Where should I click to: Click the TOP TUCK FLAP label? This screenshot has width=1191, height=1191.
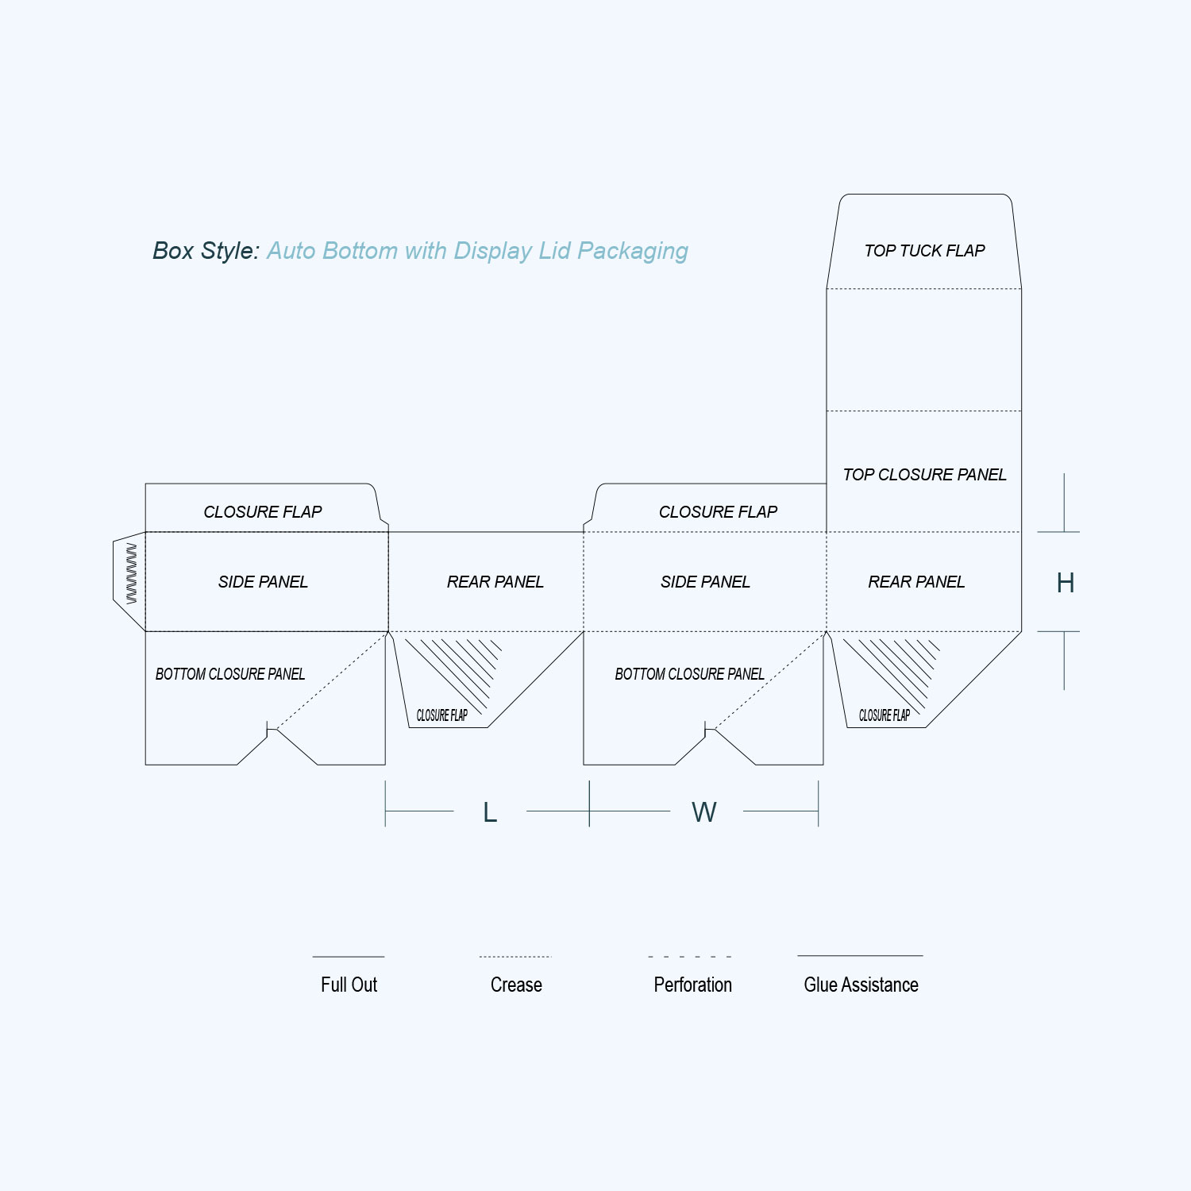point(924,251)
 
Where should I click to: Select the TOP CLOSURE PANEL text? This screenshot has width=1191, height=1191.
point(924,475)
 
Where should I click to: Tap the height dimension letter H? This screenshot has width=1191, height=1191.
point(1066,583)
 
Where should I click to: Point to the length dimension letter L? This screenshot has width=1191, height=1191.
point(490,812)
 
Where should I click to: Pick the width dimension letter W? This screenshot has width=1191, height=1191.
point(704,812)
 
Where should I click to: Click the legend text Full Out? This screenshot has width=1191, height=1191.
point(349,985)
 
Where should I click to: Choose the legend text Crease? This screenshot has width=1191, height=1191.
point(516,985)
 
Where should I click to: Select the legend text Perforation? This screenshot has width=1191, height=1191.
point(692,985)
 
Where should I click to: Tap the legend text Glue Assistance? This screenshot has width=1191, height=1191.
point(861,985)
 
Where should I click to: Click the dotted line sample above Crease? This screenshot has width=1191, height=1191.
point(515,957)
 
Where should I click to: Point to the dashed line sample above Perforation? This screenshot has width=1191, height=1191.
point(690,957)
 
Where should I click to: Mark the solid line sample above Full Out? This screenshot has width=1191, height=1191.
point(349,957)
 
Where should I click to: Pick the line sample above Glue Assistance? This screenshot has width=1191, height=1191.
point(861,956)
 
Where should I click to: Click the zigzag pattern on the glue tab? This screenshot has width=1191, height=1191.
point(131,574)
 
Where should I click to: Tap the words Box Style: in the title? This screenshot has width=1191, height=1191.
point(206,251)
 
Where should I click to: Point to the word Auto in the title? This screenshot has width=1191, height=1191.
point(291,251)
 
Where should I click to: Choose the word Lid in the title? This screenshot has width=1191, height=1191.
point(555,251)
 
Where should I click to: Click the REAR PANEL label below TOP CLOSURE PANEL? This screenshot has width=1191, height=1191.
point(916,582)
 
